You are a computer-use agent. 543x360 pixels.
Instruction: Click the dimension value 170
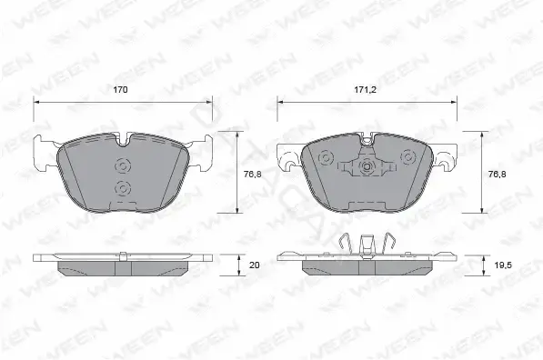coord(120,90)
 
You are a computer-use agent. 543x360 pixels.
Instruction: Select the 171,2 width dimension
coord(365,90)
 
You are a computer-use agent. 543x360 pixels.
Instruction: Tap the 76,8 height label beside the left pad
coord(253,175)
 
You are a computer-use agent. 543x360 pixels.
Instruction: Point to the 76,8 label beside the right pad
coord(497,175)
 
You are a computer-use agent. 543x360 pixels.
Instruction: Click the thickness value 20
coord(255,265)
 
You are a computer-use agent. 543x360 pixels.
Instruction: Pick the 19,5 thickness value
coord(501,265)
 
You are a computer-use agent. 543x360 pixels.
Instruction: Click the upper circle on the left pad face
coord(123,166)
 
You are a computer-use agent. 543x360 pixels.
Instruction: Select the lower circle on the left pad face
coord(123,188)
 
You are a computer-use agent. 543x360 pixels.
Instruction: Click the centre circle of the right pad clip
coord(367,167)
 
